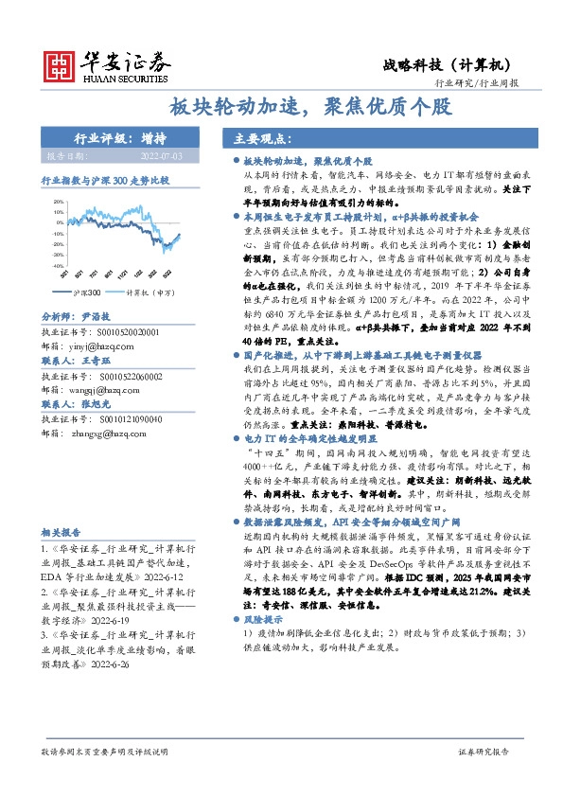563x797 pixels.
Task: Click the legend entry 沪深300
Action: tap(84, 293)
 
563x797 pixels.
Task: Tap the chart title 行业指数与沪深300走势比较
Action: tap(105, 179)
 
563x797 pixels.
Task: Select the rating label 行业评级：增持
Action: tap(114, 138)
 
